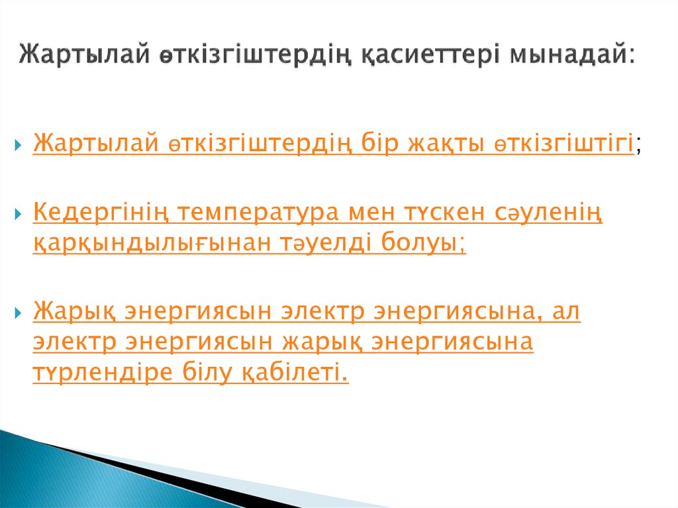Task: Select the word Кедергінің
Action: point(98,213)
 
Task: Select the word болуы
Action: point(424,243)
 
